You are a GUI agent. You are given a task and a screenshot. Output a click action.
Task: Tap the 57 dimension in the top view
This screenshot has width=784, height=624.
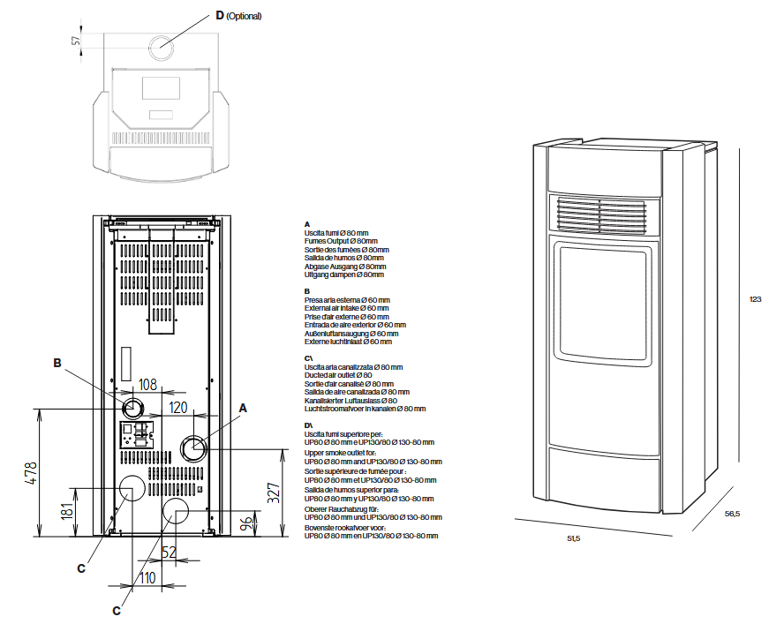(x=76, y=40)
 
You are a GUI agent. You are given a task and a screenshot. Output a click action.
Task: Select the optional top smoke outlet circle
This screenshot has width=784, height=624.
(x=161, y=48)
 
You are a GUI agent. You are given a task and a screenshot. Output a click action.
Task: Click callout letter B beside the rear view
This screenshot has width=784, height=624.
(x=57, y=363)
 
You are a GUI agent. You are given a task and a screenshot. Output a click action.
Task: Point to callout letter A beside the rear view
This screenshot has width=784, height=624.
(x=243, y=409)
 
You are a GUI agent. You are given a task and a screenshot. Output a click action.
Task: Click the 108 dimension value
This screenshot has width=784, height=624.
(x=147, y=385)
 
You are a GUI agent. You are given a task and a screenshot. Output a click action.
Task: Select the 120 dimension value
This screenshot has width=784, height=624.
(x=178, y=408)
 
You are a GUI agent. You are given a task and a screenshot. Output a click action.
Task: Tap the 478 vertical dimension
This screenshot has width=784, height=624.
(x=31, y=473)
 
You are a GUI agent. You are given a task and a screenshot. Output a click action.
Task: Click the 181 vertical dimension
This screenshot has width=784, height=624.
(x=67, y=511)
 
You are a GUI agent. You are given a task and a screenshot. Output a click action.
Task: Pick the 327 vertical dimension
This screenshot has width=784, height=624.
(x=274, y=493)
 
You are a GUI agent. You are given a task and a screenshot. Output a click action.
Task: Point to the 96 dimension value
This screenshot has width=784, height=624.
(x=246, y=524)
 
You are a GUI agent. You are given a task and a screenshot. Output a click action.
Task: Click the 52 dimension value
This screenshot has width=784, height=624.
(x=169, y=552)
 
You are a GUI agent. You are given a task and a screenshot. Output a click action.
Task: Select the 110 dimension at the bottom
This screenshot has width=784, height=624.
(x=147, y=578)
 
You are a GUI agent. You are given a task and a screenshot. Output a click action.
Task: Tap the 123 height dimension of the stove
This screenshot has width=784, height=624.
(x=755, y=299)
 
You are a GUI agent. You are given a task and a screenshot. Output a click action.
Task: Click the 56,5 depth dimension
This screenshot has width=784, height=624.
(x=732, y=514)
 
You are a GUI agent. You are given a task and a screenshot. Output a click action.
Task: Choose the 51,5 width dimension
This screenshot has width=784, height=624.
(x=574, y=538)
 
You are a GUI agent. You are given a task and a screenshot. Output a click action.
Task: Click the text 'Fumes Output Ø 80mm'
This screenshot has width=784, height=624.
(x=341, y=241)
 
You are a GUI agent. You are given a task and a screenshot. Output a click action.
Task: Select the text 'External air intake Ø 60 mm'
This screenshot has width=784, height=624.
(x=346, y=308)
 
